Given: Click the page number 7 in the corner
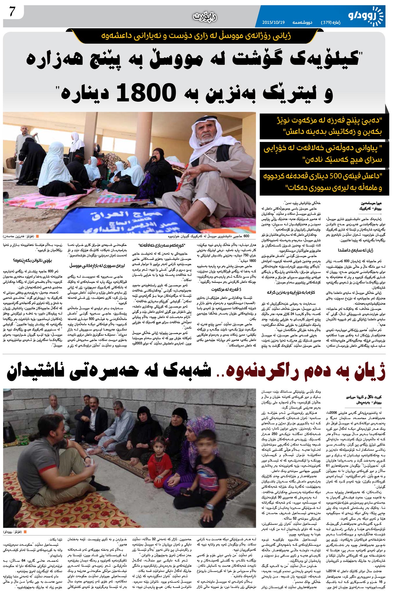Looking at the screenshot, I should pyautogui.click(x=12, y=12).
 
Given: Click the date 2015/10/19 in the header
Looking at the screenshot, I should pyautogui.click(x=274, y=22).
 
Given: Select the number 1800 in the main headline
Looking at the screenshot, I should pyautogui.click(x=146, y=93).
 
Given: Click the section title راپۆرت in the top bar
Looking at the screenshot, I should pyautogui.click(x=205, y=17).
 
